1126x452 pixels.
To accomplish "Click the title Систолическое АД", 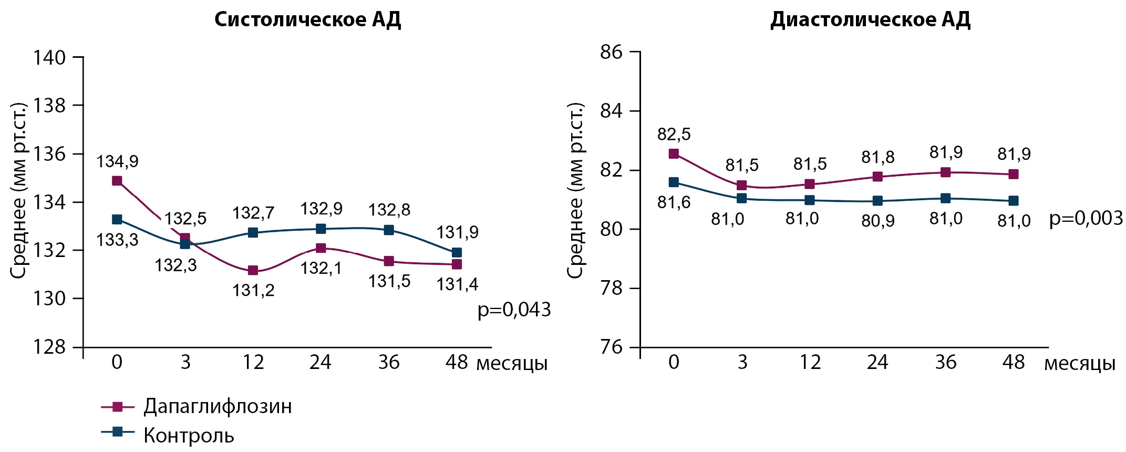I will point(307,20).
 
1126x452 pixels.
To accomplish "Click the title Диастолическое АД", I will point(870,20).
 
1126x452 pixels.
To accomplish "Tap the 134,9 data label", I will point(117,161).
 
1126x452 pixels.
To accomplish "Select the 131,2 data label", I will point(253,290).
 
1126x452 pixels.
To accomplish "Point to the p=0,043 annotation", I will point(514,310).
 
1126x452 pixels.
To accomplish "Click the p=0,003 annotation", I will point(1086,218).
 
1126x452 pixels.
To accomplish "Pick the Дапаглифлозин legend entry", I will point(217,406).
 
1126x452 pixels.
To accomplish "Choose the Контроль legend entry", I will point(189,435).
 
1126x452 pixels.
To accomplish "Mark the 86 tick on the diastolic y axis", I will point(611,52).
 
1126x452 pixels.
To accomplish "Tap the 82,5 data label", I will point(674,135).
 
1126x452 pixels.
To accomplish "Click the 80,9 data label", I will point(877,221).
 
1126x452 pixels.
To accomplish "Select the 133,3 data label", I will point(117,240).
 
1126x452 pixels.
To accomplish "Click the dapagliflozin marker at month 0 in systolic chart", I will point(117,181).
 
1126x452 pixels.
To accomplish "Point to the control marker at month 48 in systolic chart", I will point(457,252).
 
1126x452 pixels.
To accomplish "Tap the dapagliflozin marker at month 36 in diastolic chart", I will point(945,172).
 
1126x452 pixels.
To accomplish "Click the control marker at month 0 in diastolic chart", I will point(674,182).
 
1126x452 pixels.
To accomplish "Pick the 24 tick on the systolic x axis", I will point(321,362).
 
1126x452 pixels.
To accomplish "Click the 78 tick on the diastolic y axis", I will point(611,289).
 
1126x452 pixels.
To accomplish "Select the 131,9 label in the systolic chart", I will point(457,232).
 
